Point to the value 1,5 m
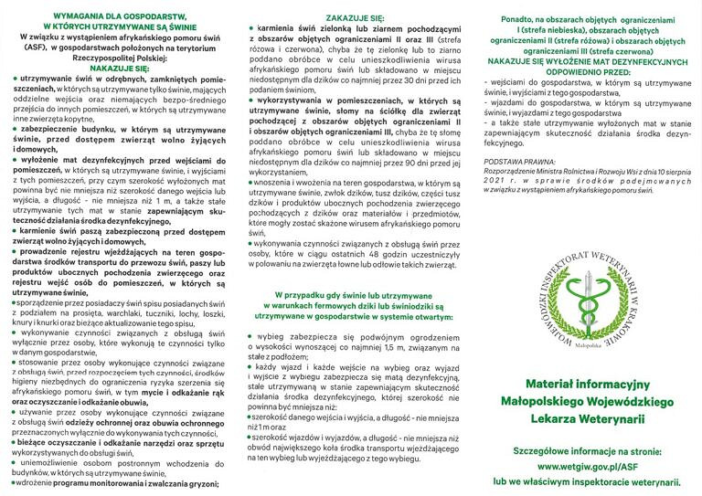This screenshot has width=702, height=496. click(x=405, y=347)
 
